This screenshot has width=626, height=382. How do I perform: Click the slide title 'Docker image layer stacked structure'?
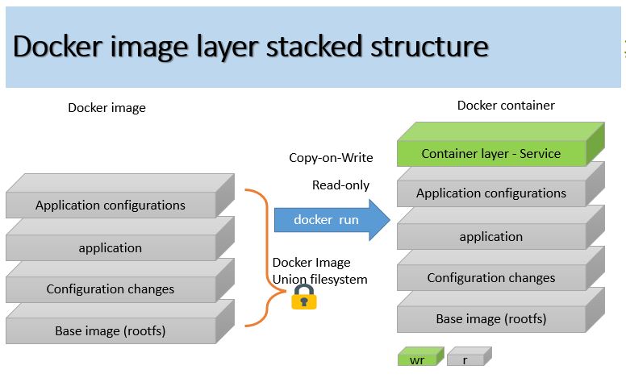(251, 47)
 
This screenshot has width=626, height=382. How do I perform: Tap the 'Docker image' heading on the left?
(106, 108)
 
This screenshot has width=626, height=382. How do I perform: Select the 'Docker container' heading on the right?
(506, 106)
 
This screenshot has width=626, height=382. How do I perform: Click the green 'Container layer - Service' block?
(490, 153)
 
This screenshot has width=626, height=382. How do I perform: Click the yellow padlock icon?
(303, 297)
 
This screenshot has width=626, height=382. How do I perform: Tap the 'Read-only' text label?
(340, 185)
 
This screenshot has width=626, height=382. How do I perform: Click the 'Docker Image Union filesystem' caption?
(319, 271)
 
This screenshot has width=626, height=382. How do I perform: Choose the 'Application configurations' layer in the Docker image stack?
(111, 206)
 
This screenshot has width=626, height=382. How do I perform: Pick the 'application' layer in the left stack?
(111, 247)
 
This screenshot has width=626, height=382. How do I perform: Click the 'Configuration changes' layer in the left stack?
(111, 289)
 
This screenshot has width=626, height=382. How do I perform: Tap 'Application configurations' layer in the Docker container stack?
(490, 193)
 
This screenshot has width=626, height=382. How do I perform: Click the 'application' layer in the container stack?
(490, 236)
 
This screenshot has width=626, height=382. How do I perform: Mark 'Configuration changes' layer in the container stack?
(490, 278)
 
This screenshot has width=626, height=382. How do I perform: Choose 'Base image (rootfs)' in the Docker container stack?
(490, 319)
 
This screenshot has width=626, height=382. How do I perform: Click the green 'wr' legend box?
(418, 359)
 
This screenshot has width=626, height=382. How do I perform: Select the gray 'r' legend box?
(466, 359)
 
